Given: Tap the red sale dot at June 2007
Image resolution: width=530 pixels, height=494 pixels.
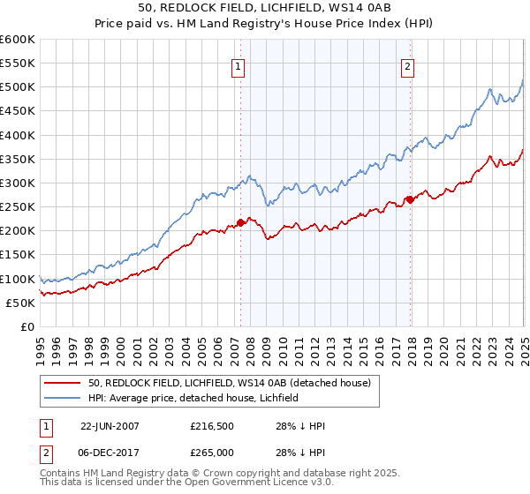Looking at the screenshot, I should [241, 223].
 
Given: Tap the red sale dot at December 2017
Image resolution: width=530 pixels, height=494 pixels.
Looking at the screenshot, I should [409, 199].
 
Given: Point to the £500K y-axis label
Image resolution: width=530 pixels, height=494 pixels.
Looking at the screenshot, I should [17, 87].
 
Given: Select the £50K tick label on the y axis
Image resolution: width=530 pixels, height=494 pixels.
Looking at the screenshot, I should [20, 303].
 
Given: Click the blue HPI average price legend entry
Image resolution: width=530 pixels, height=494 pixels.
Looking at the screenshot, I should [193, 398].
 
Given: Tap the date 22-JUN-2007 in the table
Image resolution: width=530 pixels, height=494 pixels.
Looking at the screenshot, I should [110, 425].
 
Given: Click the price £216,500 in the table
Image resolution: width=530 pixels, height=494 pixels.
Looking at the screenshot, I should [211, 425].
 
